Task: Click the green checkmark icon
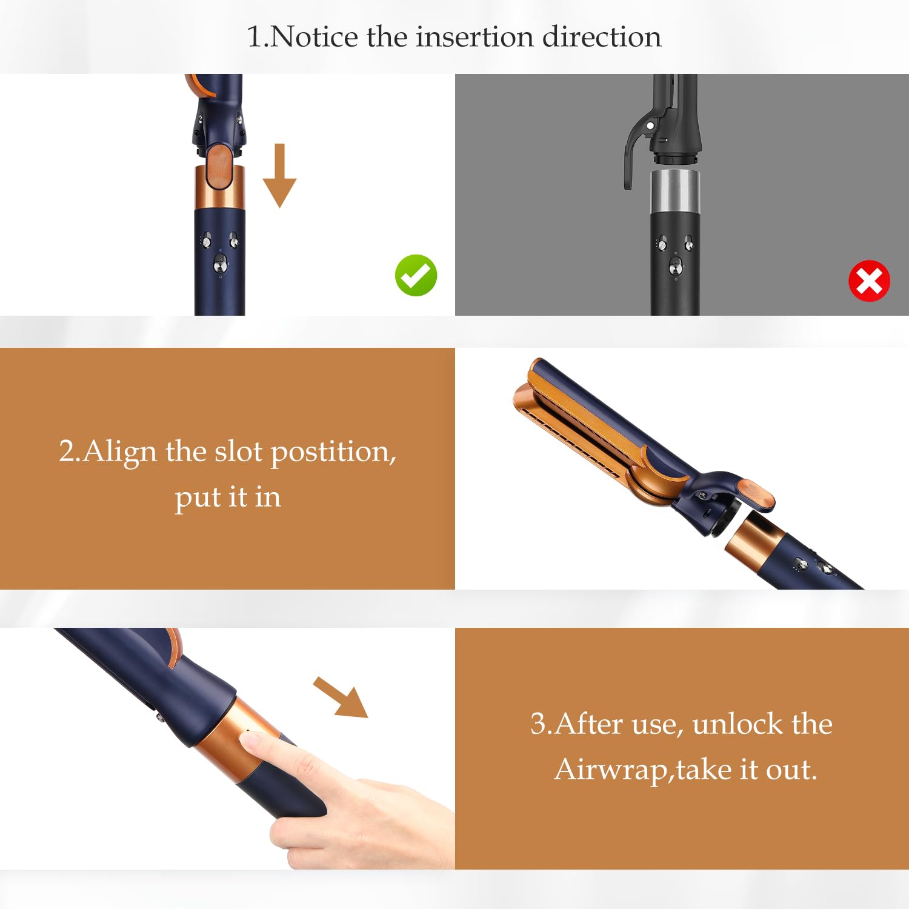coord(416,275)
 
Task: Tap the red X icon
coord(869,281)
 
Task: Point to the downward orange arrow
coord(279,175)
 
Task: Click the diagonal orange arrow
coord(341,698)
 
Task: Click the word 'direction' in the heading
coord(601,37)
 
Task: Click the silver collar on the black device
coord(675,191)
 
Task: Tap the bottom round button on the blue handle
coord(220,264)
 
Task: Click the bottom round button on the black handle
coord(674,265)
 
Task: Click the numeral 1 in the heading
coord(254,38)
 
